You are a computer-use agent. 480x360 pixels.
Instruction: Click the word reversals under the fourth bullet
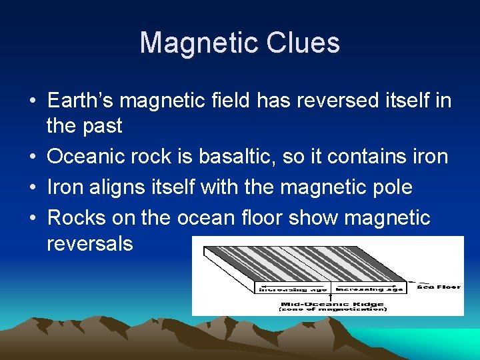(90, 243)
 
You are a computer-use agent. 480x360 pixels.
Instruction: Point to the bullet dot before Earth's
(33, 102)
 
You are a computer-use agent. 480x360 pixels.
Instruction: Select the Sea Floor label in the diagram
(438, 287)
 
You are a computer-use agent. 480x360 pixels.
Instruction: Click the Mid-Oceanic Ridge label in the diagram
(331, 303)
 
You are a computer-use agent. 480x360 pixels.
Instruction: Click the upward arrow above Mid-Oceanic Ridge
(331, 293)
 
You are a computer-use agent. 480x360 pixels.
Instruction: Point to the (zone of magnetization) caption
(331, 309)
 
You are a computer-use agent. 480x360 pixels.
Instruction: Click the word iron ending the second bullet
(427, 157)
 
